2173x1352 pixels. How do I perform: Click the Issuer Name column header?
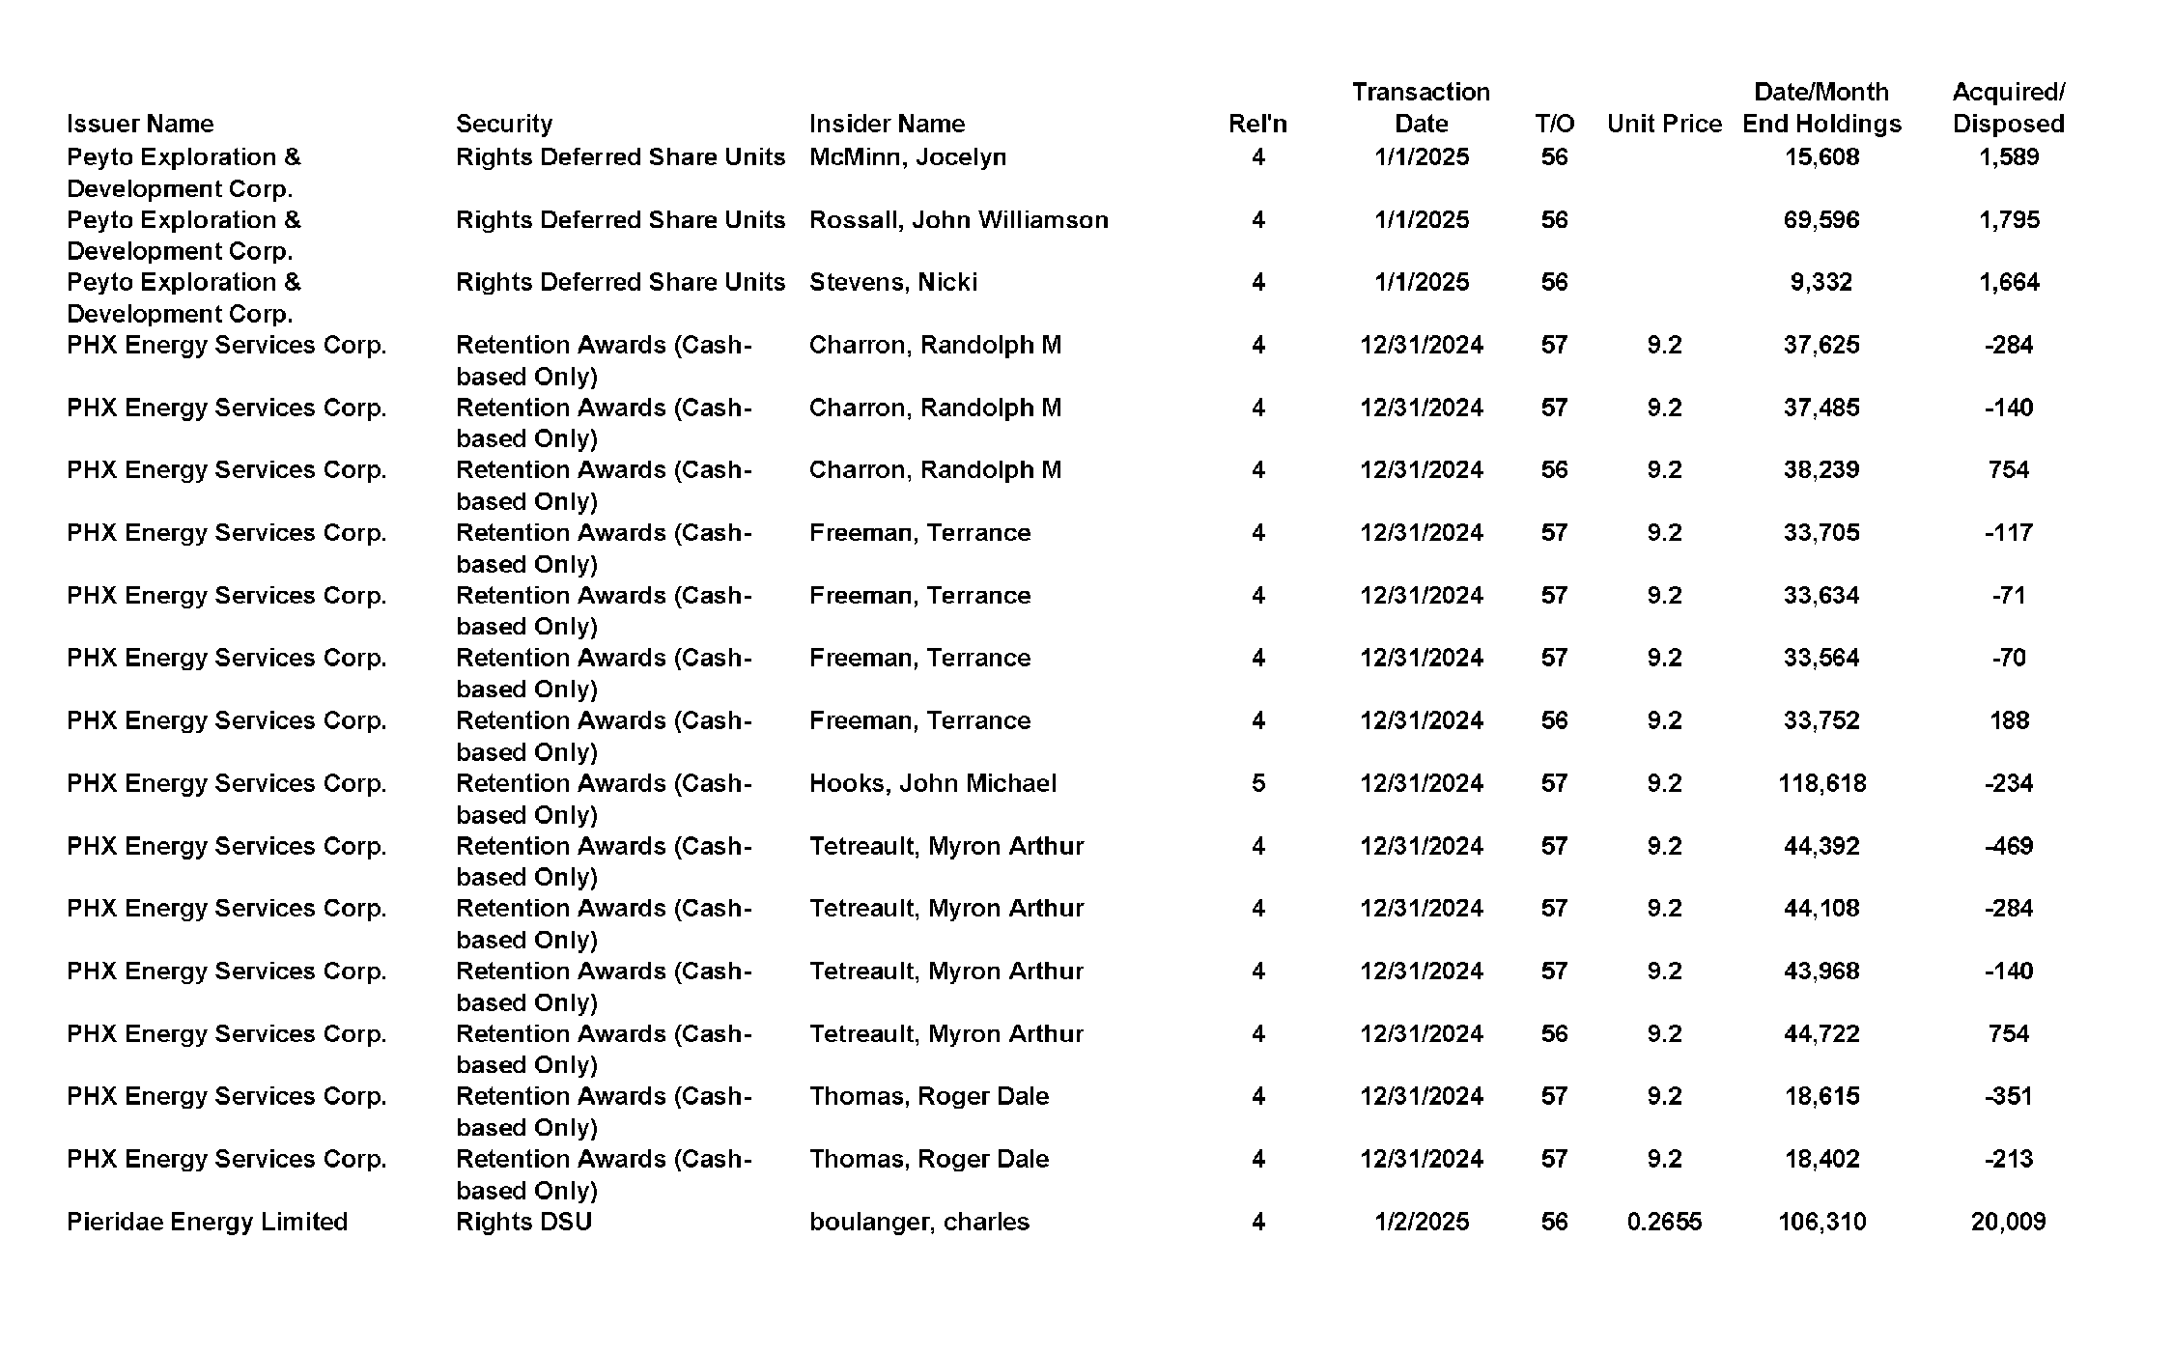140,124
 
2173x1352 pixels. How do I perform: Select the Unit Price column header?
1663,124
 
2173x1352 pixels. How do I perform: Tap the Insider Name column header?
886,124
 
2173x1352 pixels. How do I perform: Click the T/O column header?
1554,124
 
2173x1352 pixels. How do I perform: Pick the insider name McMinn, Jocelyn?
907,156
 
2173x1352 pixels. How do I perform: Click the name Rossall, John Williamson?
958,219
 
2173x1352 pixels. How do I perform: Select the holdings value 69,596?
1820,219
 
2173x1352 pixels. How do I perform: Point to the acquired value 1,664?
2008,282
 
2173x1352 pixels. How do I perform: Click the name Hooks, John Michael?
932,783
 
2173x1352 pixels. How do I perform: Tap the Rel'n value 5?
1257,783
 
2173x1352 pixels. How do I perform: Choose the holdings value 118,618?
1821,783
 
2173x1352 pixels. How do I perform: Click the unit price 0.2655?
1663,1222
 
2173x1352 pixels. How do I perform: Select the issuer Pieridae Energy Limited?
207,1222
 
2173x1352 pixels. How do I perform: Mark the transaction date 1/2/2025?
1421,1222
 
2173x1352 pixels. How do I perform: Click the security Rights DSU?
523,1222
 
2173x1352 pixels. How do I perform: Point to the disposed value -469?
2008,846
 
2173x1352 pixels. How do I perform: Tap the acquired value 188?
2008,720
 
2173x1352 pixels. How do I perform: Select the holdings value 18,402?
1820,1159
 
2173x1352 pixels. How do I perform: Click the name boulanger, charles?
918,1222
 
